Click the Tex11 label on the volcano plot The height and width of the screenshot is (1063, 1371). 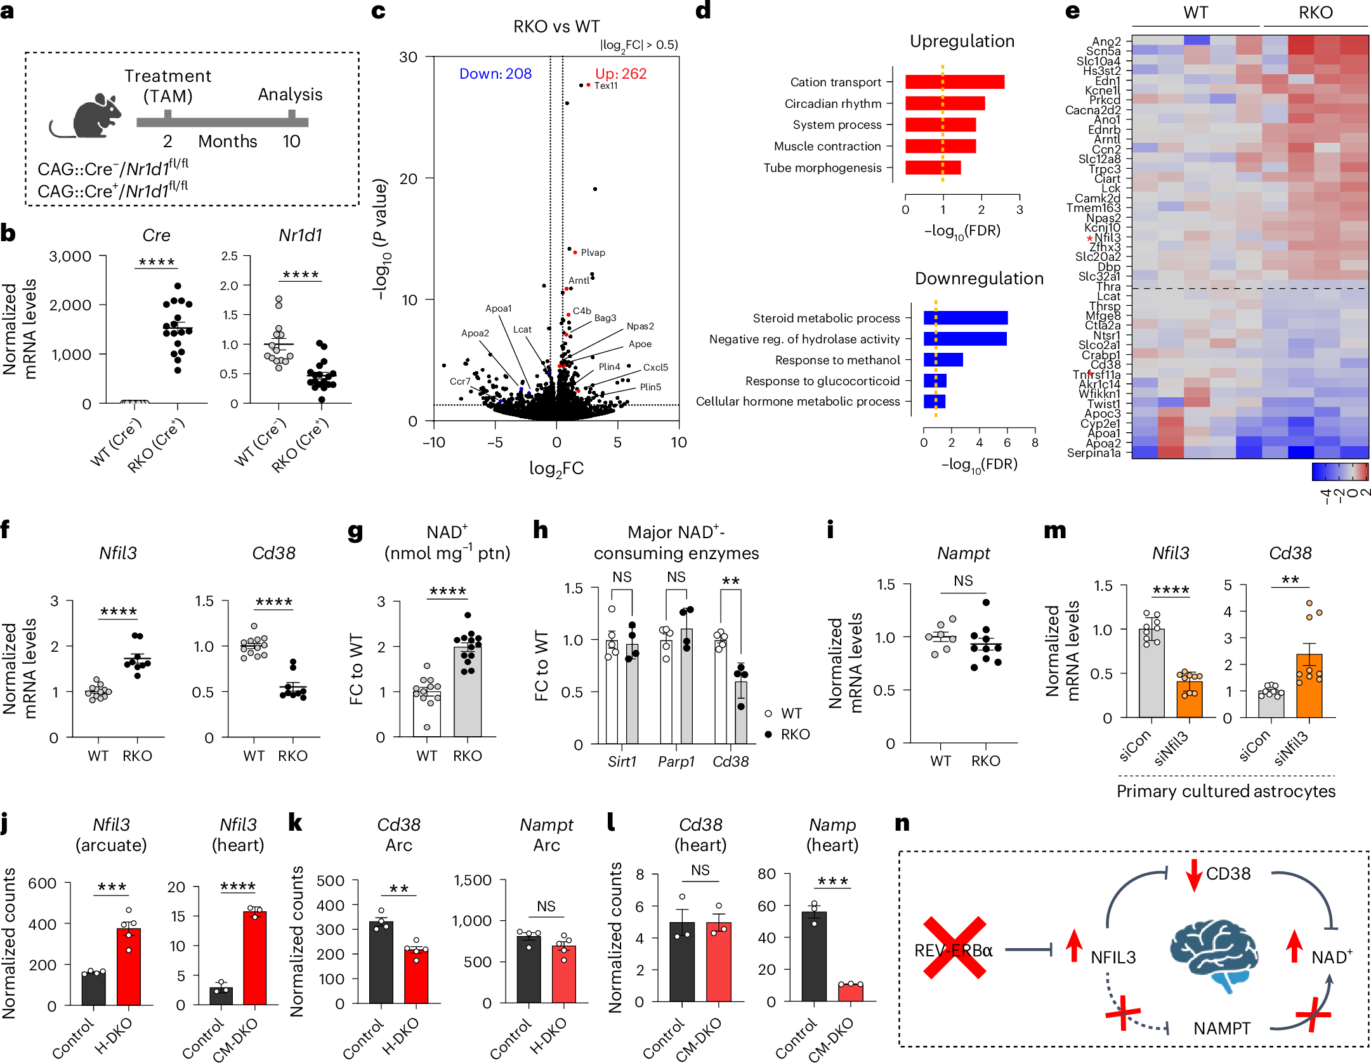click(x=605, y=86)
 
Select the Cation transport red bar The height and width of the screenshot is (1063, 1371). click(x=954, y=82)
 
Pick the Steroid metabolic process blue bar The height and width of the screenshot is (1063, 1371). click(x=965, y=318)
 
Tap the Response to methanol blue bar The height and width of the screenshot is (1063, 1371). click(x=943, y=360)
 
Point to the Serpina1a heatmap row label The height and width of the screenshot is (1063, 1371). click(x=1094, y=453)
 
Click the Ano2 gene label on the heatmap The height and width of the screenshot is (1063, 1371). click(x=1106, y=41)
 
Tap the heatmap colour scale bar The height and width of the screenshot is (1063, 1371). click(x=1340, y=472)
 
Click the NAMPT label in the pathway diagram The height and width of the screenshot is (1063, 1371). click(x=1221, y=1028)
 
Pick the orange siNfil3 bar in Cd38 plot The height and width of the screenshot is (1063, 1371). click(x=1309, y=686)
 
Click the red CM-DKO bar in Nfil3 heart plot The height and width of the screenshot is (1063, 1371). click(x=255, y=958)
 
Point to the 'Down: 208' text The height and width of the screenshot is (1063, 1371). click(x=495, y=74)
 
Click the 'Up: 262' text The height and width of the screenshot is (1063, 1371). click(x=620, y=74)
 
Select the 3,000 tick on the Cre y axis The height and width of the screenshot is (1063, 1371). click(x=70, y=256)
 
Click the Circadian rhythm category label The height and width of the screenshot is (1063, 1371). click(x=832, y=103)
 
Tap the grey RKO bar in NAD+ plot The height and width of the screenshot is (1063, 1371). click(x=468, y=692)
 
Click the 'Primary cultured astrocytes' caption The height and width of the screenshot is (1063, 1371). click(x=1226, y=791)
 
